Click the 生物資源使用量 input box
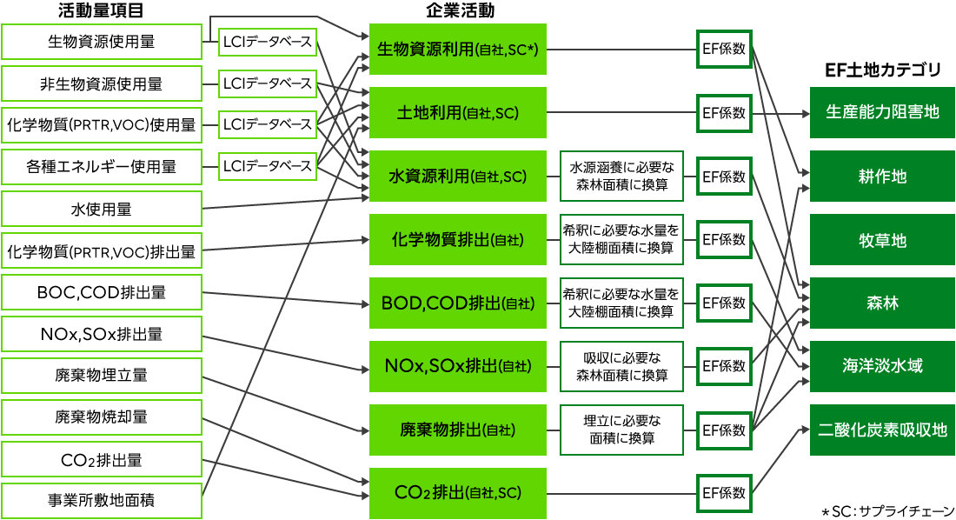point(102,42)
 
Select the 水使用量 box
point(102,210)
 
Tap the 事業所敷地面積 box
point(102,501)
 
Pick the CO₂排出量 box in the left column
point(102,459)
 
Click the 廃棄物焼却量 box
point(102,417)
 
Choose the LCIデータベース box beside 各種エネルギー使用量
point(268,165)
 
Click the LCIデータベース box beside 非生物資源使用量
point(268,83)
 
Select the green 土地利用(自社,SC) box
point(458,113)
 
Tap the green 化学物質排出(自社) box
point(458,239)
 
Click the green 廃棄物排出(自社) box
point(458,430)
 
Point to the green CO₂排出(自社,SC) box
point(458,493)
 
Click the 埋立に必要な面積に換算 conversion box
point(621,430)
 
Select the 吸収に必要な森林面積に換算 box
point(621,366)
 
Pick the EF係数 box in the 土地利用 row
point(724,113)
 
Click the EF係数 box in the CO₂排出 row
point(724,493)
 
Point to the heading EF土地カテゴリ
point(882,70)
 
